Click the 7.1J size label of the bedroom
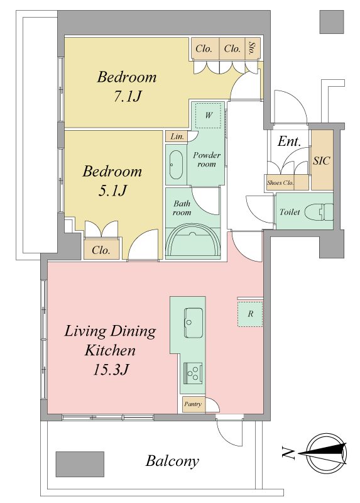(128, 96)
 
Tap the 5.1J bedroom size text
(112, 191)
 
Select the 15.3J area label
(111, 370)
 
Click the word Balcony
(173, 462)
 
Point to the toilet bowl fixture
(319, 212)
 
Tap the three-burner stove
(193, 372)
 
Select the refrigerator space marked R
(250, 314)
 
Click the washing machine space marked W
(209, 115)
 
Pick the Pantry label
(193, 404)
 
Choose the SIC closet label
(322, 161)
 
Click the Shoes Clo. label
(280, 183)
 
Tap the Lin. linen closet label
(177, 136)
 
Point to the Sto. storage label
(252, 49)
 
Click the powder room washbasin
(176, 165)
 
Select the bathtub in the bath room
(193, 241)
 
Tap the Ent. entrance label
(289, 141)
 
